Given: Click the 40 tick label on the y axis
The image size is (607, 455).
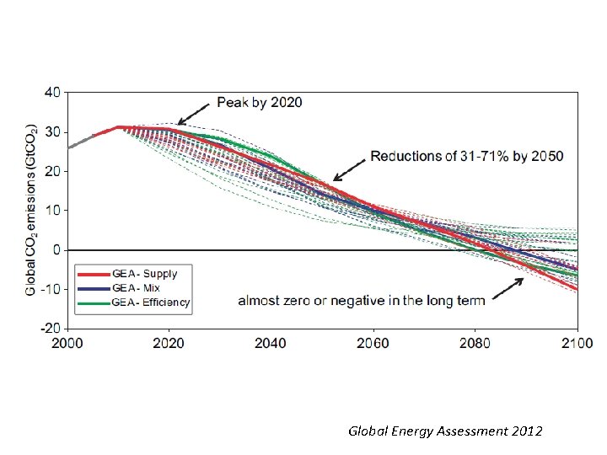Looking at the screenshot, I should pyautogui.click(x=51, y=93).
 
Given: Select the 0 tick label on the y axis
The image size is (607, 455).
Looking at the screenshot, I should pyautogui.click(x=56, y=249).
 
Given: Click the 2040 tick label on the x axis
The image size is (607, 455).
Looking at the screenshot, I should pyautogui.click(x=271, y=343).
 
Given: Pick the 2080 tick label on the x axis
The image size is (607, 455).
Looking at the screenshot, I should pyautogui.click(x=475, y=343).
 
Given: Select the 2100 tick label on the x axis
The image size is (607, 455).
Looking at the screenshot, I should pyautogui.click(x=577, y=343).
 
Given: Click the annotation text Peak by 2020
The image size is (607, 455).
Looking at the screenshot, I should pyautogui.click(x=260, y=103).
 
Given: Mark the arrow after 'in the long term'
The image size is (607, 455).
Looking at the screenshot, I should pyautogui.click(x=506, y=289).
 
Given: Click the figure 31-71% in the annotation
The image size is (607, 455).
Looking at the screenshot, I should pyautogui.click(x=473, y=156).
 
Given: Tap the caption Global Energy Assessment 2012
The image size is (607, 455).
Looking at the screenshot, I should pyautogui.click(x=446, y=431).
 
